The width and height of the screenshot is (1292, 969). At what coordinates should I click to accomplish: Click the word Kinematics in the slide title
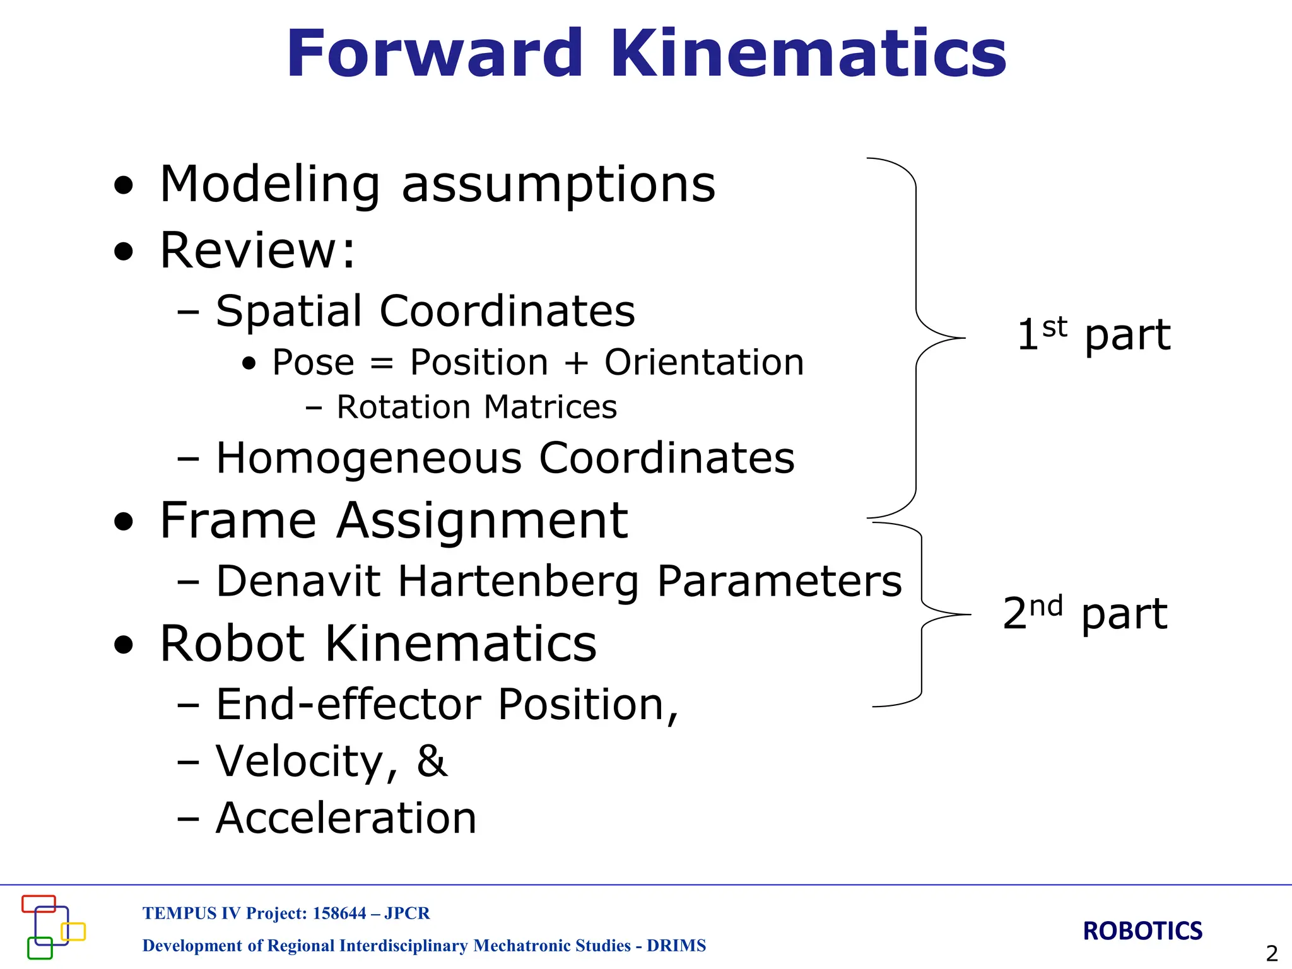(807, 54)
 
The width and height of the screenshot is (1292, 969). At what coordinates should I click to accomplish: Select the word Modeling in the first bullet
(270, 185)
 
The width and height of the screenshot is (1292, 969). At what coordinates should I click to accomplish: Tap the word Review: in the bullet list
(257, 250)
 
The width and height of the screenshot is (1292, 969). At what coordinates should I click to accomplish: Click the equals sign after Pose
(382, 364)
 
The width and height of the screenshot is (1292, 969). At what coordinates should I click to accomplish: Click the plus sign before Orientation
(576, 364)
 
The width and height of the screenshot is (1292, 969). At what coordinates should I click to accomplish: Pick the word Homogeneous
(369, 458)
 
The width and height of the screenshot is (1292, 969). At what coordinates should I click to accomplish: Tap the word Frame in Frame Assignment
(237, 521)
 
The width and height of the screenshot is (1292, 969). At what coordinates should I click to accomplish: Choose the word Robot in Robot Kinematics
(232, 644)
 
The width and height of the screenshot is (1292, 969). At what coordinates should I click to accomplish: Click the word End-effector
(348, 705)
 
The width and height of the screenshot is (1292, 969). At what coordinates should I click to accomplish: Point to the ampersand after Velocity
(432, 761)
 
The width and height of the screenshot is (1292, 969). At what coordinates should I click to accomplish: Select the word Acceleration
(346, 818)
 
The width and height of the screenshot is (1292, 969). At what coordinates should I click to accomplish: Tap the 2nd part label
(1085, 613)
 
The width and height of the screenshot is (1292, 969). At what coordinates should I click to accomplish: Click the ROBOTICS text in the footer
(1142, 931)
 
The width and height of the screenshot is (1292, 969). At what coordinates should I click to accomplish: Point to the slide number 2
(1272, 953)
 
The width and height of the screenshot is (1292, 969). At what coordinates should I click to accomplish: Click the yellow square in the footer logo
(73, 932)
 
